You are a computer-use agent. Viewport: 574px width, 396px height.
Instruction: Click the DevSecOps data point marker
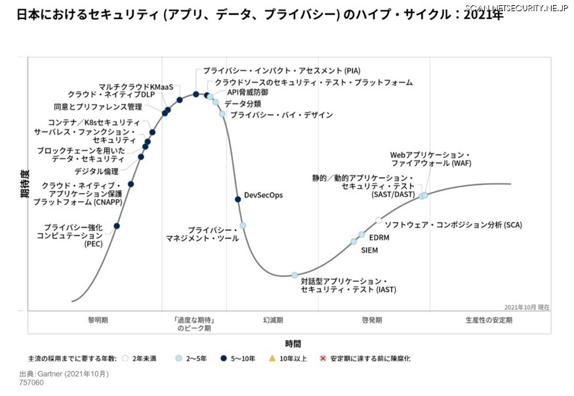[x=238, y=199]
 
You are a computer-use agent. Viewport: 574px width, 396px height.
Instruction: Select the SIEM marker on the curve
[x=354, y=242]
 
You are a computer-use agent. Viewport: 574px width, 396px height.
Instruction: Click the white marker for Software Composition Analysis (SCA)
[x=379, y=221]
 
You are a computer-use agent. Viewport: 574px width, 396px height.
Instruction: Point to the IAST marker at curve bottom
[x=295, y=275]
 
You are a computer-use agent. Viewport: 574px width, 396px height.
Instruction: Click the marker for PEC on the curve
[x=117, y=226]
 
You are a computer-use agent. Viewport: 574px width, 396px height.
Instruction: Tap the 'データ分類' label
[x=243, y=104]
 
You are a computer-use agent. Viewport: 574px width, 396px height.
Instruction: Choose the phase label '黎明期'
[x=98, y=320]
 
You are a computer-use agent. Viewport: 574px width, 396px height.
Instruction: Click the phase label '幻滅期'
[x=273, y=320]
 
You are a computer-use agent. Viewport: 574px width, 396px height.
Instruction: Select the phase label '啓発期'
[x=371, y=320]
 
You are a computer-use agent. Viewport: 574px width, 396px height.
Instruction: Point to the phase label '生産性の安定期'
[x=489, y=320]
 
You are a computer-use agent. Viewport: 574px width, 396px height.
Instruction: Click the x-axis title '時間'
[x=293, y=343]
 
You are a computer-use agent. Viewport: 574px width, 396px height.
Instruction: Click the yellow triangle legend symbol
[x=272, y=359]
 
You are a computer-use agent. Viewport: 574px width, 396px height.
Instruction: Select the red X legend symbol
[x=322, y=359]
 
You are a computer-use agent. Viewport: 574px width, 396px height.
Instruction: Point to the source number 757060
[x=31, y=382]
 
